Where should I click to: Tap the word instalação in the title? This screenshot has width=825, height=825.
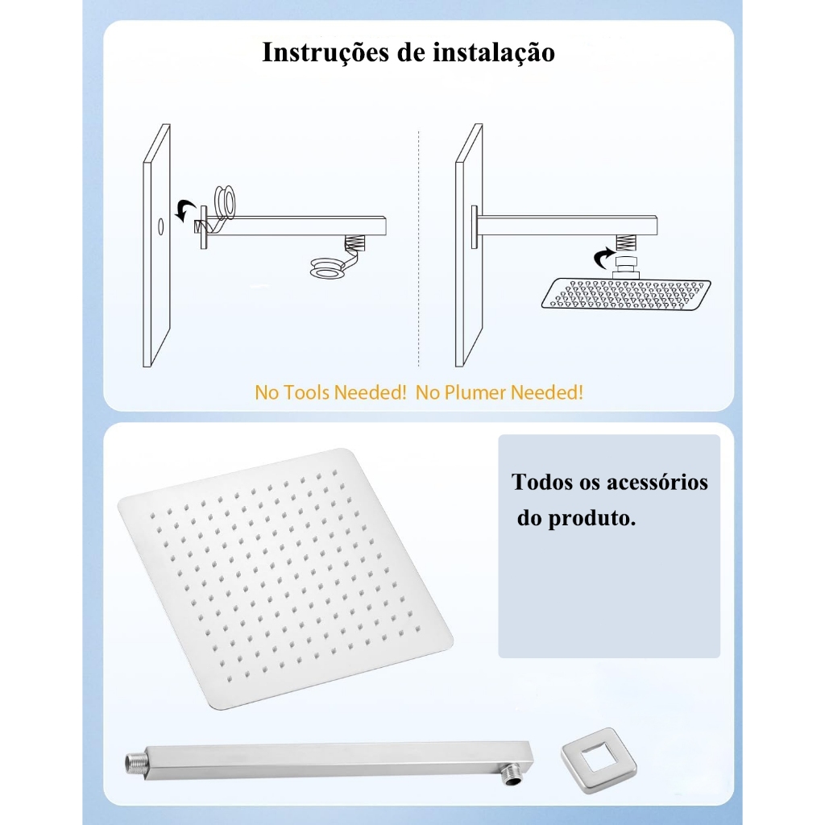click(494, 52)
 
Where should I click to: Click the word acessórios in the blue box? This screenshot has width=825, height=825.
click(657, 483)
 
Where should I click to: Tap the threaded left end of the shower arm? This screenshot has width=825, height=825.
click(135, 761)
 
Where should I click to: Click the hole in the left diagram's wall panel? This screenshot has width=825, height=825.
click(160, 226)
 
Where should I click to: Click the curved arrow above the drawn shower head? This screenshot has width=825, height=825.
click(604, 258)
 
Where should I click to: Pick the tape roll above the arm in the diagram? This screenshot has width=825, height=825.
click(225, 201)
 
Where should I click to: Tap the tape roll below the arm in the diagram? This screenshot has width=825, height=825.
click(328, 267)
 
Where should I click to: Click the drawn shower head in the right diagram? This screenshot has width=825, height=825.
click(626, 293)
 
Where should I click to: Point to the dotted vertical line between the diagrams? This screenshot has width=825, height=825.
click(419, 248)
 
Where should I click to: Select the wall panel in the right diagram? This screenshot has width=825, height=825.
click(469, 245)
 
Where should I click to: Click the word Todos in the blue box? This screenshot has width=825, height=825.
click(542, 483)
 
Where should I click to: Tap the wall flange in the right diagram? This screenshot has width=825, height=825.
click(475, 226)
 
